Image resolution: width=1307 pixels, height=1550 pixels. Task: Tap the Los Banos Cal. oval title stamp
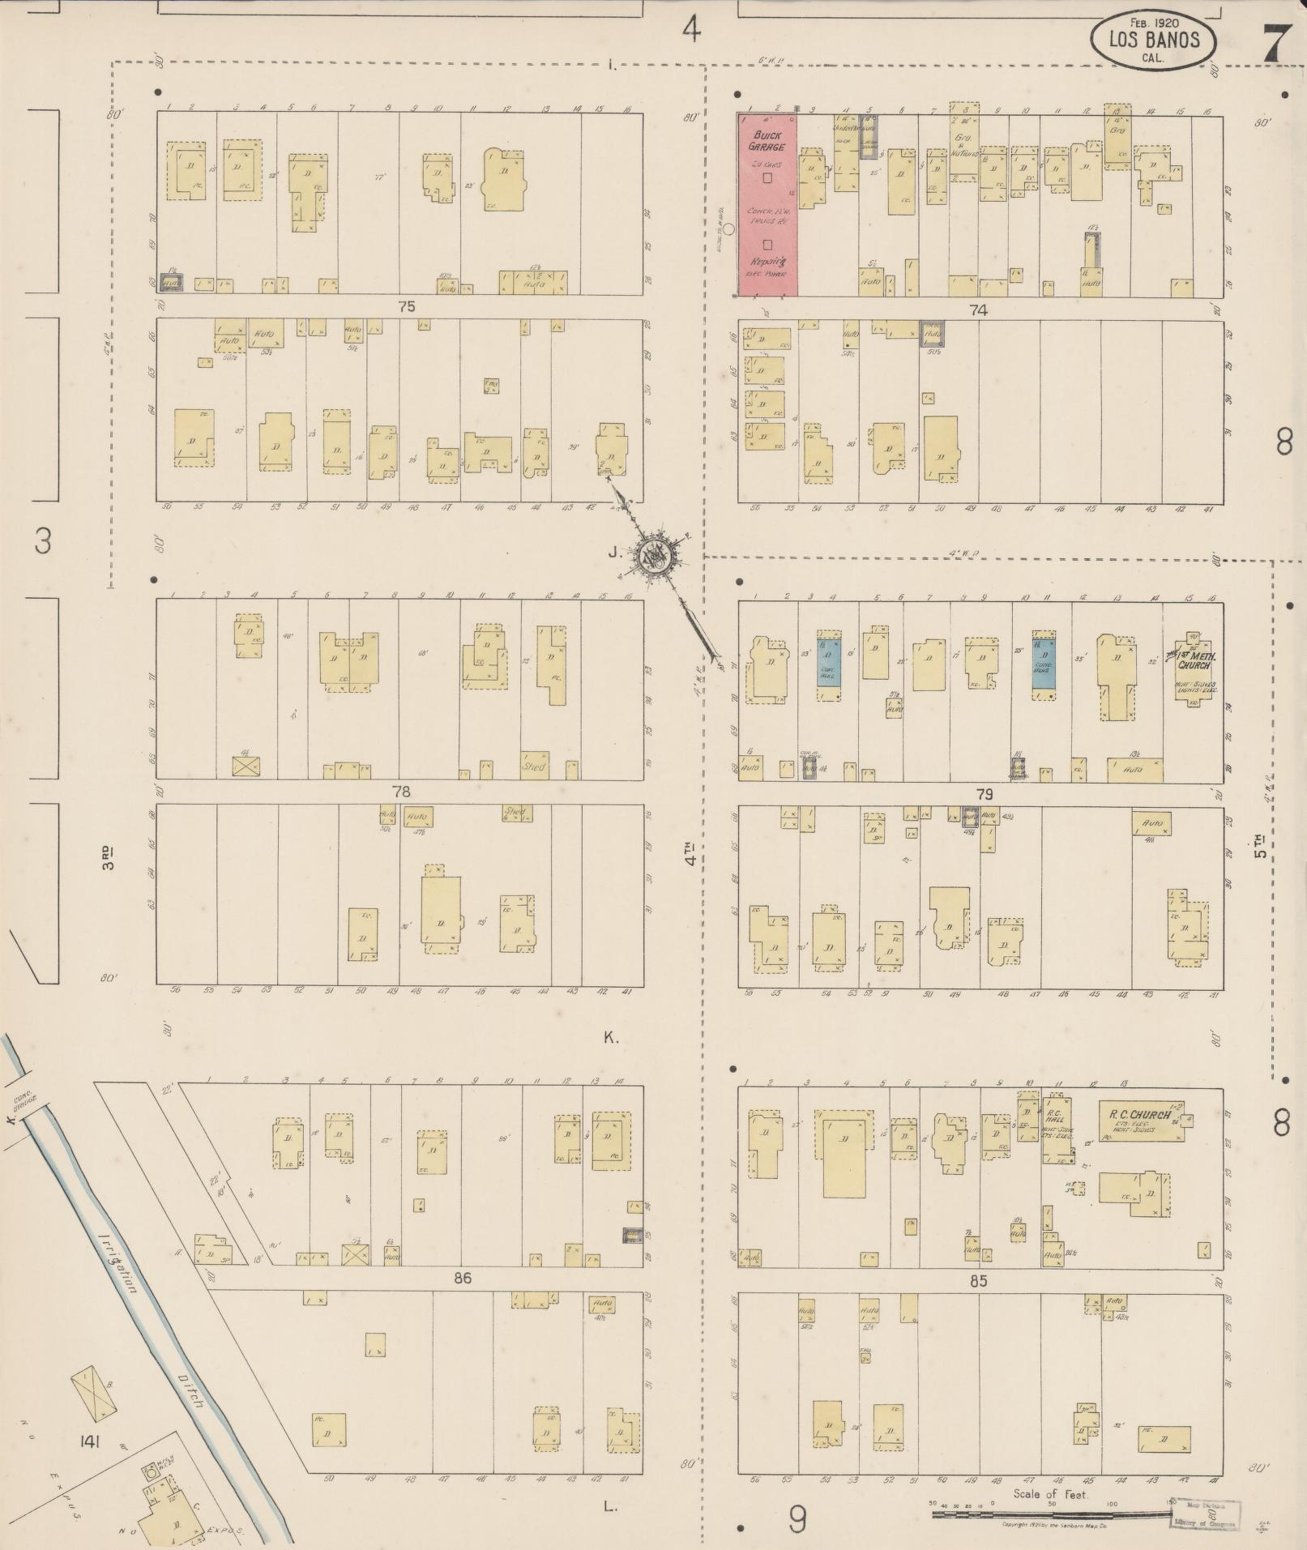tap(1154, 40)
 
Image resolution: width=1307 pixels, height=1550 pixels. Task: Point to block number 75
tap(406, 307)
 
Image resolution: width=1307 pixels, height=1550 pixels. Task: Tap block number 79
tap(984, 795)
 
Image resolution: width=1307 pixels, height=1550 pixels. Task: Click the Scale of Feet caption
tap(1051, 1494)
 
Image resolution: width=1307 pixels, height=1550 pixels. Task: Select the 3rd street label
tap(108, 858)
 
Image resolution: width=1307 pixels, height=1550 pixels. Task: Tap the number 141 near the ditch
tap(90, 1442)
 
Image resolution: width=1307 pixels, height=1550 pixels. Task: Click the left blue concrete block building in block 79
tap(828, 662)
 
